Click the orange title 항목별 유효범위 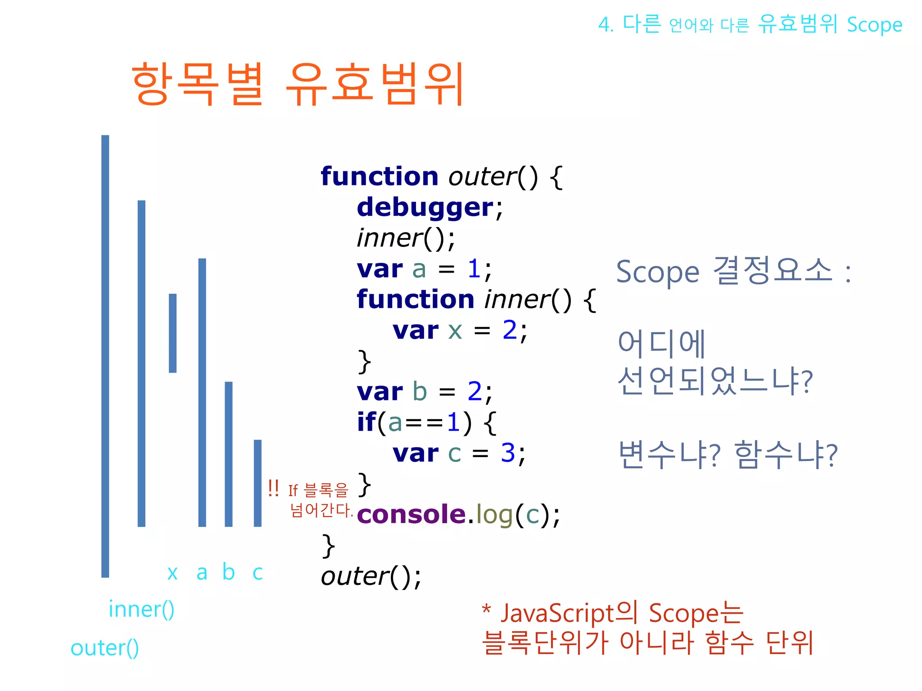pos(297,84)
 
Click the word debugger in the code pos(425,207)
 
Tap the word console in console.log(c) pos(411,514)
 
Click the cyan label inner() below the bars pos(141,610)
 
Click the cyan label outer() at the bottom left pos(104,648)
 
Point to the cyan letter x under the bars pos(172,573)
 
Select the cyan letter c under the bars pos(258,573)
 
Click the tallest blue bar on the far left pos(105,355)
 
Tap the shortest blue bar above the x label pos(172,333)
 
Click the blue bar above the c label pos(258,483)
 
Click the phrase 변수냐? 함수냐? pos(728,455)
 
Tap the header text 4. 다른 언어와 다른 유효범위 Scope pos(750,24)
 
